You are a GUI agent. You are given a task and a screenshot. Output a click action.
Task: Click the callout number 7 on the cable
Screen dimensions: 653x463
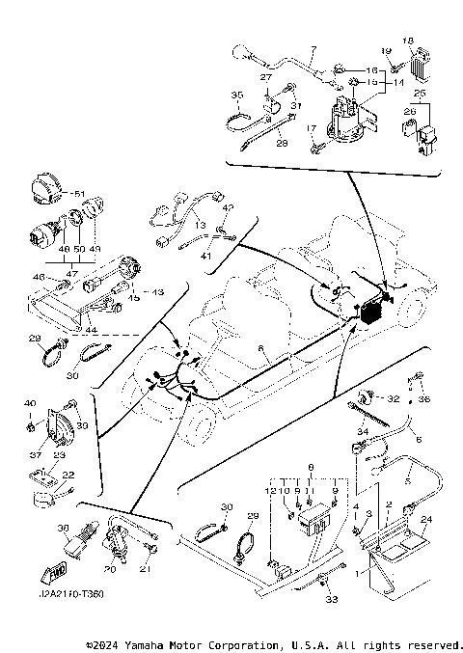pyautogui.click(x=313, y=49)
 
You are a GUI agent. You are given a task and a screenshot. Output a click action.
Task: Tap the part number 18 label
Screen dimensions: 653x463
pyautogui.click(x=407, y=41)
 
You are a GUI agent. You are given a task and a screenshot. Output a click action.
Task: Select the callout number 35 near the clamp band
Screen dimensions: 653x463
pyautogui.click(x=236, y=95)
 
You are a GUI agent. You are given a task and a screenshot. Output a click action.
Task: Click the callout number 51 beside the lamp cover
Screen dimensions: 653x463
pyautogui.click(x=80, y=194)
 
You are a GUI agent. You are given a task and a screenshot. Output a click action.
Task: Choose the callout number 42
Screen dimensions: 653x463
pyautogui.click(x=228, y=206)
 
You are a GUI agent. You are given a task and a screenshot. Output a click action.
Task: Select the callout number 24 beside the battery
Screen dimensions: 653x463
pyautogui.click(x=428, y=519)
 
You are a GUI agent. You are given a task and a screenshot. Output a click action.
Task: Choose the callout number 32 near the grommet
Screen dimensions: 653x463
pyautogui.click(x=393, y=397)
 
